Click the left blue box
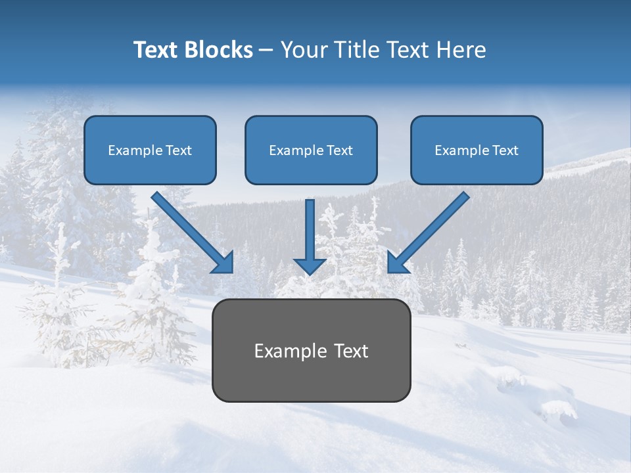[x=150, y=150]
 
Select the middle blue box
[x=311, y=150]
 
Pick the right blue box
[x=477, y=150]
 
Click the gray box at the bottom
[x=311, y=350]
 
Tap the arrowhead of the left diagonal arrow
[x=223, y=263]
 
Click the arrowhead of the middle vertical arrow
[x=310, y=266]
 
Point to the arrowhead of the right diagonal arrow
[x=397, y=263]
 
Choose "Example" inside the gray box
[x=291, y=351]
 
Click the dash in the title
[x=266, y=51]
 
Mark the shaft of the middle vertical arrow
[x=310, y=227]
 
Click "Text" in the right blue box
[x=505, y=150]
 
